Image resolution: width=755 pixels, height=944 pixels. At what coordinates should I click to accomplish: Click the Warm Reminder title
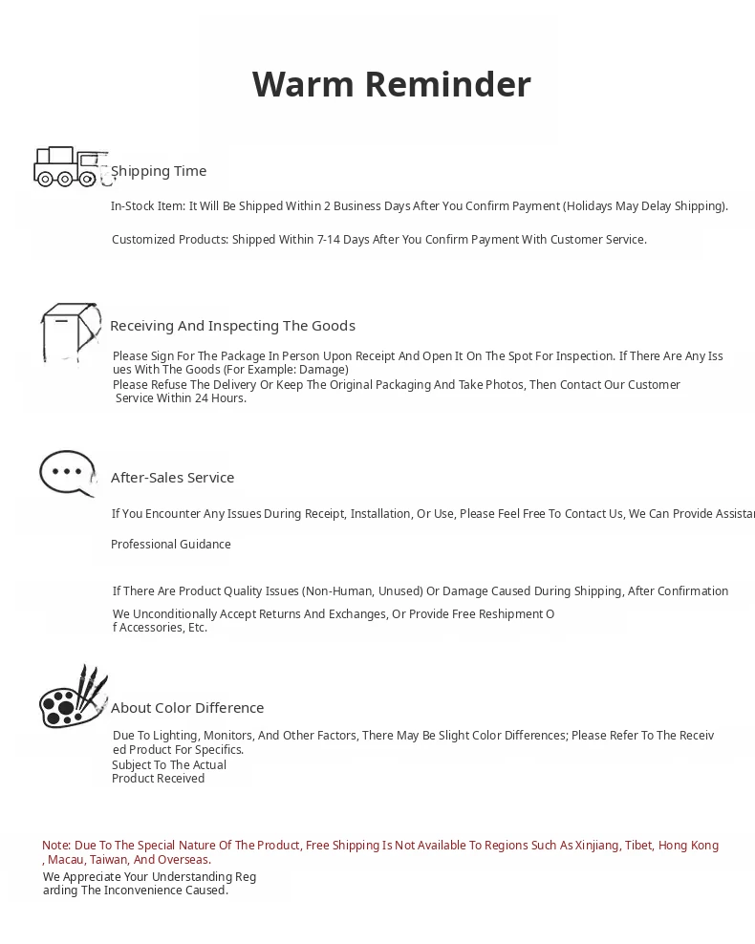[391, 84]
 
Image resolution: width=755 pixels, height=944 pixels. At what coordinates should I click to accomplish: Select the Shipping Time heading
[159, 171]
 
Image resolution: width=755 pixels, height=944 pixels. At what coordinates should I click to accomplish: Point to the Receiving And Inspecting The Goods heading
[232, 326]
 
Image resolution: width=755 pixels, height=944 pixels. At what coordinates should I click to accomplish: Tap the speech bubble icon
[67, 473]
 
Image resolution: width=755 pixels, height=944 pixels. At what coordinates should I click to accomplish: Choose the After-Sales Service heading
[172, 478]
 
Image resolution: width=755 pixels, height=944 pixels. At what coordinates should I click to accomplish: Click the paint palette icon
[73, 698]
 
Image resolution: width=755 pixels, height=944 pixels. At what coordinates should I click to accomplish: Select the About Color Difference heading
[187, 708]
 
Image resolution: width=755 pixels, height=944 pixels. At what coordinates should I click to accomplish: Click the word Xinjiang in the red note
[597, 846]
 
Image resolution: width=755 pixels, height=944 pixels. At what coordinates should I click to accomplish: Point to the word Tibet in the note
[638, 846]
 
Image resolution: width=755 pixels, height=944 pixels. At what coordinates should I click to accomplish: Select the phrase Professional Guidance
[171, 545]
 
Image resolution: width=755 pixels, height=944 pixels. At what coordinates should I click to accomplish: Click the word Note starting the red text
[55, 846]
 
